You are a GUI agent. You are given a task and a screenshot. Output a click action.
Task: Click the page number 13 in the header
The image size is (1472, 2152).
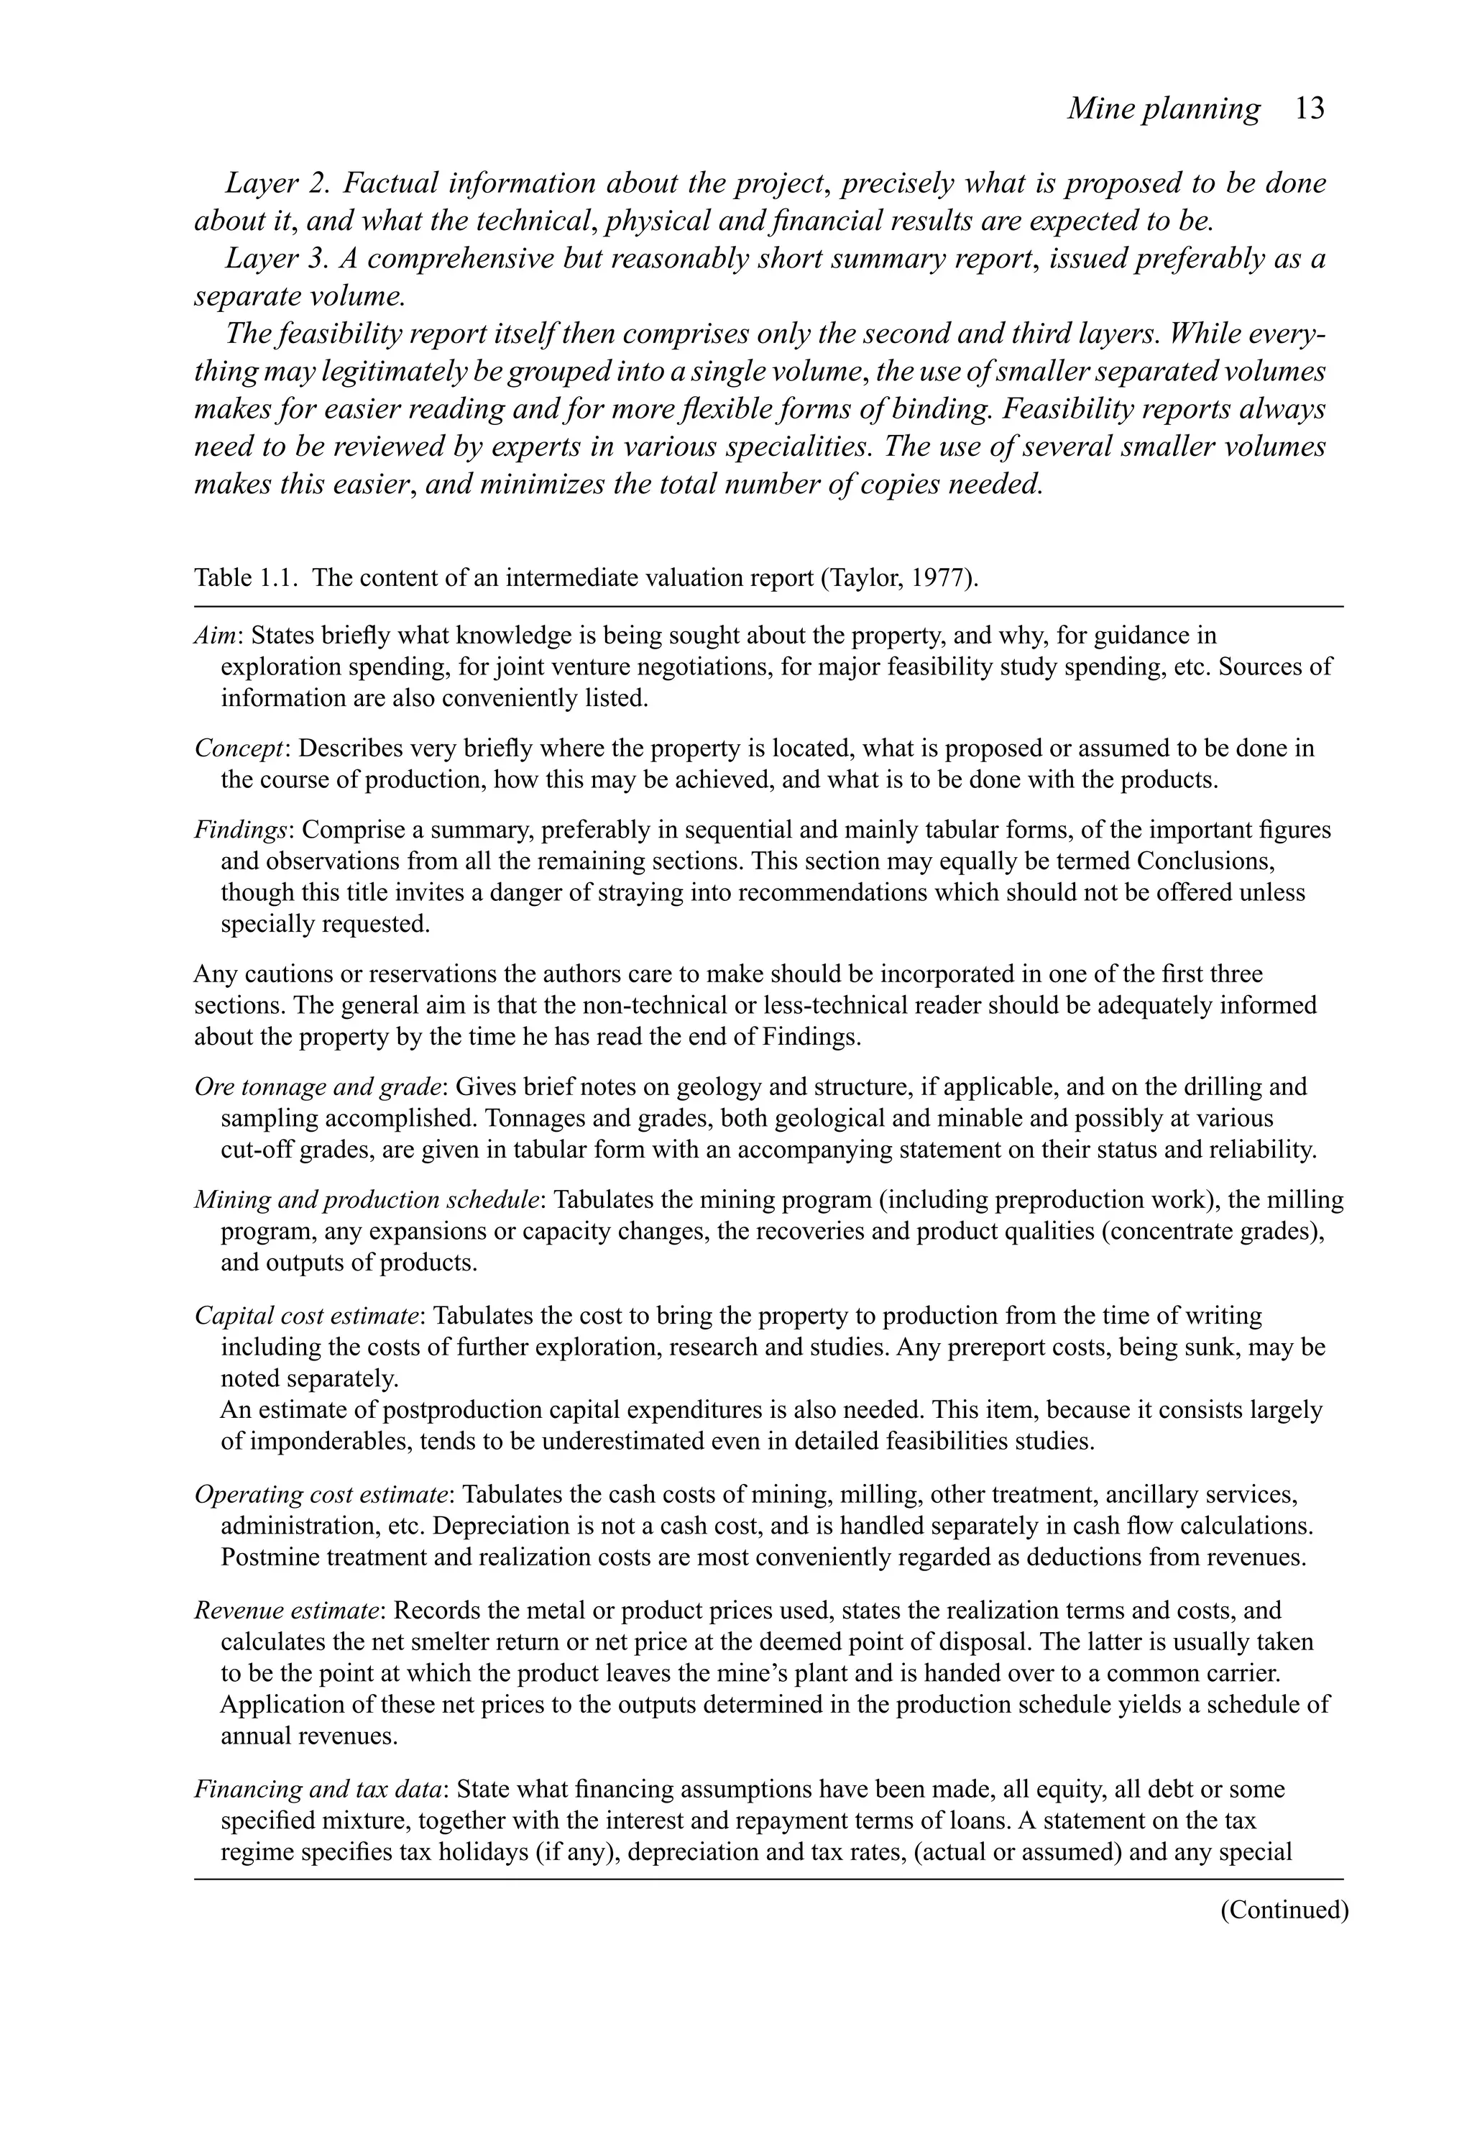pyautogui.click(x=1309, y=109)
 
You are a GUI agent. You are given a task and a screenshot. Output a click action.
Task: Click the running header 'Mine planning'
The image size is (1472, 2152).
pyautogui.click(x=1163, y=109)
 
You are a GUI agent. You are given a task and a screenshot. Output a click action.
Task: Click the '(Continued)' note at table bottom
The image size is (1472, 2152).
pyautogui.click(x=1283, y=1910)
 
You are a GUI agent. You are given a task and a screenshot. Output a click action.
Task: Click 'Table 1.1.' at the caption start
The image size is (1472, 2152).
pyautogui.click(x=247, y=579)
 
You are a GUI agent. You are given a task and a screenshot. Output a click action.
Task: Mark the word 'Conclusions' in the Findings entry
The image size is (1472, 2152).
pyautogui.click(x=1205, y=861)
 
